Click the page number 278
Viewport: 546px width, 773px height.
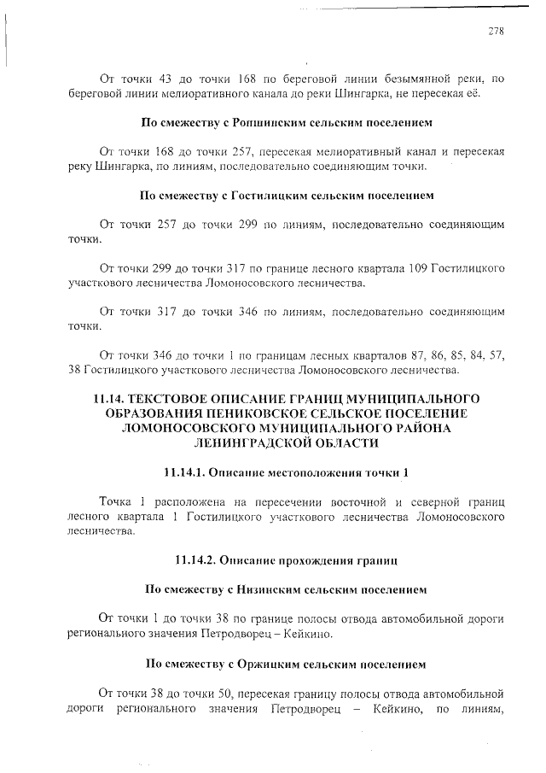(496, 32)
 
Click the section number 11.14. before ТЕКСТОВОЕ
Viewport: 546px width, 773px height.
(114, 399)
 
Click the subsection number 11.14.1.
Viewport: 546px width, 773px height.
(183, 472)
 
